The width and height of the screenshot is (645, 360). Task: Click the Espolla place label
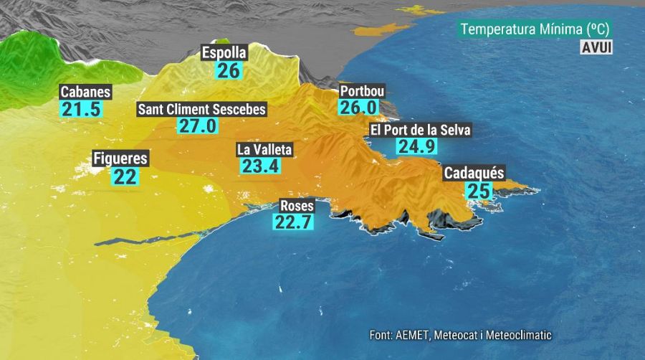tap(224, 53)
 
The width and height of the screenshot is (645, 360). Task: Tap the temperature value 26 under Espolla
tap(229, 70)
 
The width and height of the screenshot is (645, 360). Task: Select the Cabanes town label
tap(85, 92)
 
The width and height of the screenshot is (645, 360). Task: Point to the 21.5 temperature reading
tap(81, 110)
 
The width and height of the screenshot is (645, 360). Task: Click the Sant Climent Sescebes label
tap(201, 110)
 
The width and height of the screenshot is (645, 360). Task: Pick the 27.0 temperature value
tap(196, 126)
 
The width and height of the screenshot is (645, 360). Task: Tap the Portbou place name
tap(362, 91)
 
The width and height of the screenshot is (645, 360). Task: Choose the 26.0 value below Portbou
tap(358, 108)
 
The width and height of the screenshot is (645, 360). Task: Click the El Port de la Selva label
tap(421, 130)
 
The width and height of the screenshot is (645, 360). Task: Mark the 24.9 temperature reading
tap(416, 146)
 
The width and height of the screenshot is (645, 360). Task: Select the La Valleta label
tap(264, 150)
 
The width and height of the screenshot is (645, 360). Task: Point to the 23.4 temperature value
tap(260, 166)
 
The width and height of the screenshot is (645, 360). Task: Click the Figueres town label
tap(120, 158)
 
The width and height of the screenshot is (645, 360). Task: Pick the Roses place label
tap(296, 204)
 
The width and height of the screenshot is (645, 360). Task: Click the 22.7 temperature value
tap(294, 222)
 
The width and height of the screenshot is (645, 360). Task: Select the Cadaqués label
tap(474, 174)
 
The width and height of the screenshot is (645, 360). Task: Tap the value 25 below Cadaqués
tap(478, 191)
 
